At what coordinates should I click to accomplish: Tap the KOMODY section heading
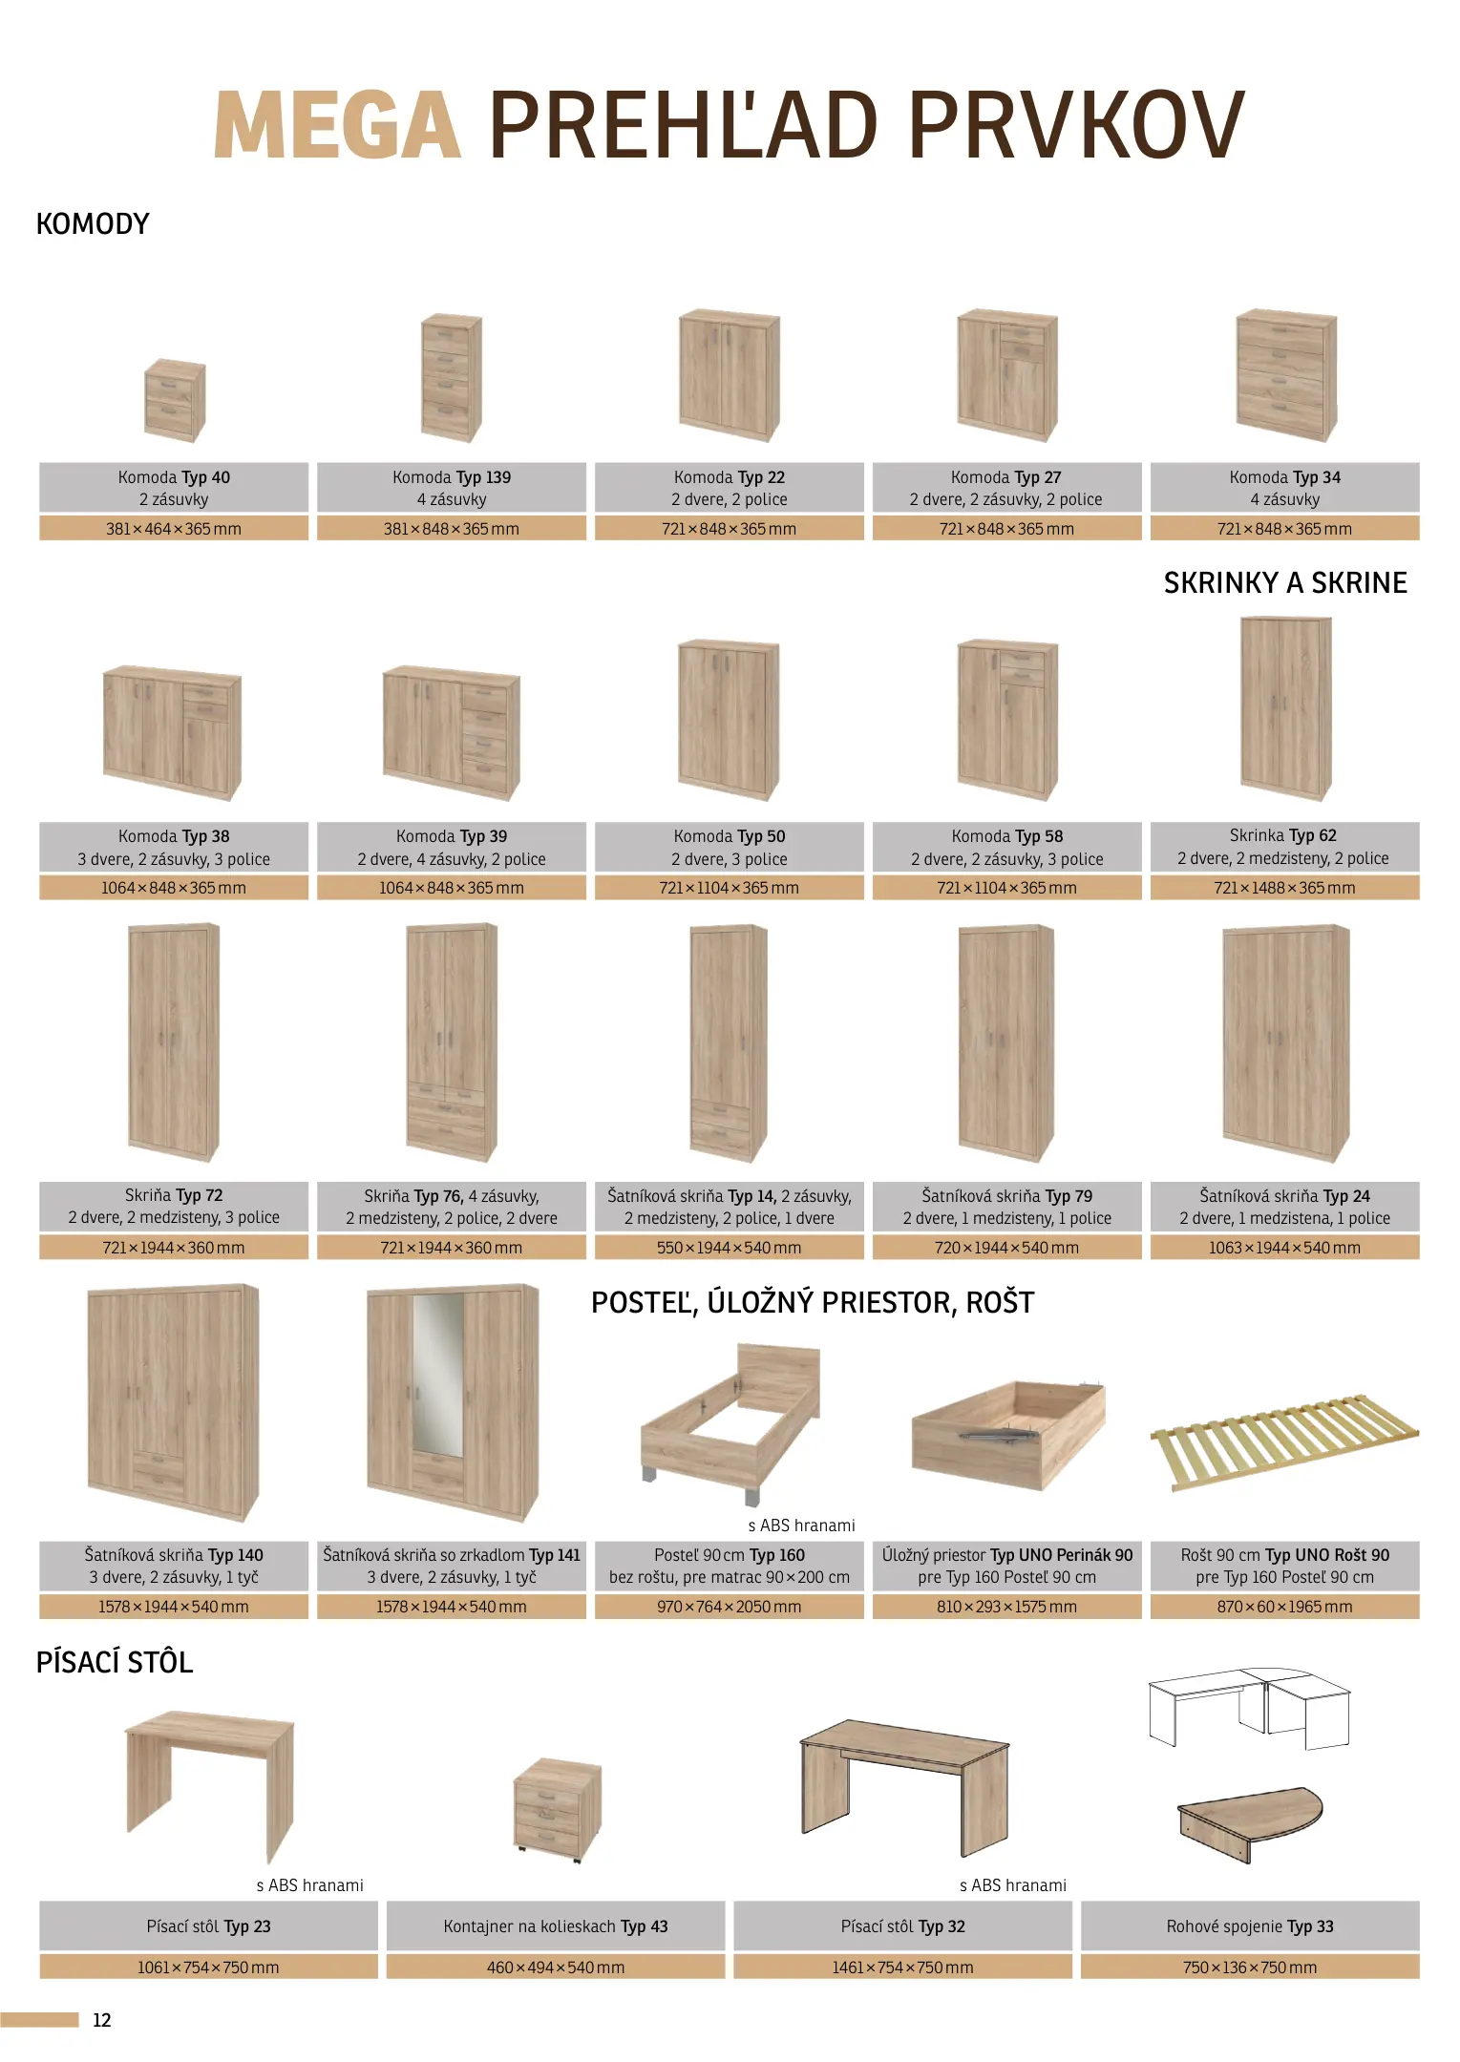(x=93, y=224)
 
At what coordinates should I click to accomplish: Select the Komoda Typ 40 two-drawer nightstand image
(x=175, y=400)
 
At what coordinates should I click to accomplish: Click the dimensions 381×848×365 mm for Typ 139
(x=452, y=529)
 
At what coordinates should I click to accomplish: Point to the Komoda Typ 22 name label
(x=730, y=477)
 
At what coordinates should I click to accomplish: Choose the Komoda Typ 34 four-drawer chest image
(x=1286, y=375)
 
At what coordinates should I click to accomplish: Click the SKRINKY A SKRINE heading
(x=1285, y=583)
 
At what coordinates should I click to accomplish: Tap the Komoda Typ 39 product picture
(x=452, y=732)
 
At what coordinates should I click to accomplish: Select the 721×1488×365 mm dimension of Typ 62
(x=1284, y=888)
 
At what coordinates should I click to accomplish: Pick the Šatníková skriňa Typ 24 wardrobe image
(x=1286, y=1042)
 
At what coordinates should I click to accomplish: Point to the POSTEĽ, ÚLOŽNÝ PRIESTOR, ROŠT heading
(x=813, y=1303)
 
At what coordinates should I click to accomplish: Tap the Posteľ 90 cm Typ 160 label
(x=730, y=1555)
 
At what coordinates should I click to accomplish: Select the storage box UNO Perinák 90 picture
(x=1008, y=1435)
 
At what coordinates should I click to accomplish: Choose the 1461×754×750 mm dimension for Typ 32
(x=902, y=1967)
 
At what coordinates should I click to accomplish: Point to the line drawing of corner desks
(x=1249, y=1709)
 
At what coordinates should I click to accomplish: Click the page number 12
(x=102, y=2020)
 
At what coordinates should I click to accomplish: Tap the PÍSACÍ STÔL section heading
(x=115, y=1663)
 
